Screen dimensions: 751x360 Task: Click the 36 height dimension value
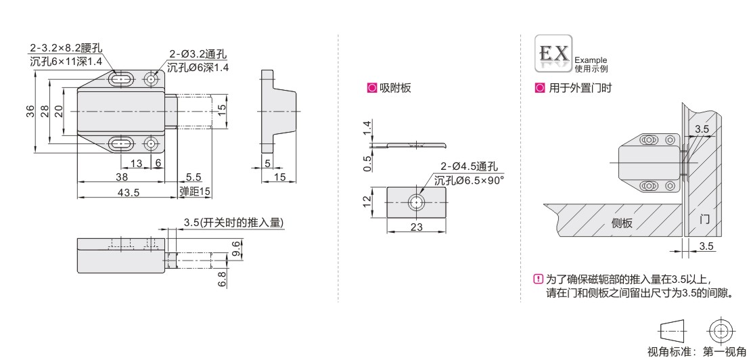click(30, 112)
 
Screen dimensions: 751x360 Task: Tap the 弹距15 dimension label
click(196, 192)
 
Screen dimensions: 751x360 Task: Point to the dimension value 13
click(137, 164)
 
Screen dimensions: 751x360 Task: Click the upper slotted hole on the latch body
click(122, 79)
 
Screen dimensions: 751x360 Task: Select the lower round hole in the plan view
click(152, 143)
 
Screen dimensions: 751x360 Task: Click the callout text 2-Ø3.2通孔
click(198, 54)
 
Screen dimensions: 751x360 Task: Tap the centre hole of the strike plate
click(417, 202)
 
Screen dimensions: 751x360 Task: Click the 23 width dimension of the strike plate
click(417, 227)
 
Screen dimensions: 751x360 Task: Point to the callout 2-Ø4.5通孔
click(470, 167)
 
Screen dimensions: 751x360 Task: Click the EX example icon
click(553, 53)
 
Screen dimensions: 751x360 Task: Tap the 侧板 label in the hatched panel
click(622, 223)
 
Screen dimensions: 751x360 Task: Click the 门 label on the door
click(704, 220)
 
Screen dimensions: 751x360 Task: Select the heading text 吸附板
click(395, 88)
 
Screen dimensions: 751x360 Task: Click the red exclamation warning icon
click(539, 278)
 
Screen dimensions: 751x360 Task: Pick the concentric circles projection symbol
click(719, 330)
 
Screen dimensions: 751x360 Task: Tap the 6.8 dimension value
click(221, 279)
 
